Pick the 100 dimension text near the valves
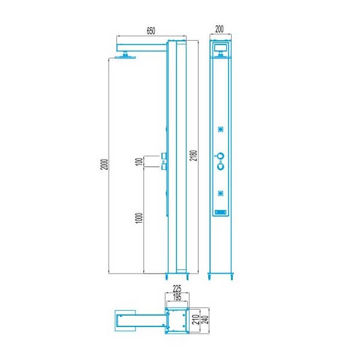point(139,163)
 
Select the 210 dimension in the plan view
point(195,318)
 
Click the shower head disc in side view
point(125,57)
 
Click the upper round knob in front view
point(221,157)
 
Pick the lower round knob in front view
point(221,167)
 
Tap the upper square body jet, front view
point(221,129)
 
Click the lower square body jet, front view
point(221,193)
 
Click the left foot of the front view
point(210,277)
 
